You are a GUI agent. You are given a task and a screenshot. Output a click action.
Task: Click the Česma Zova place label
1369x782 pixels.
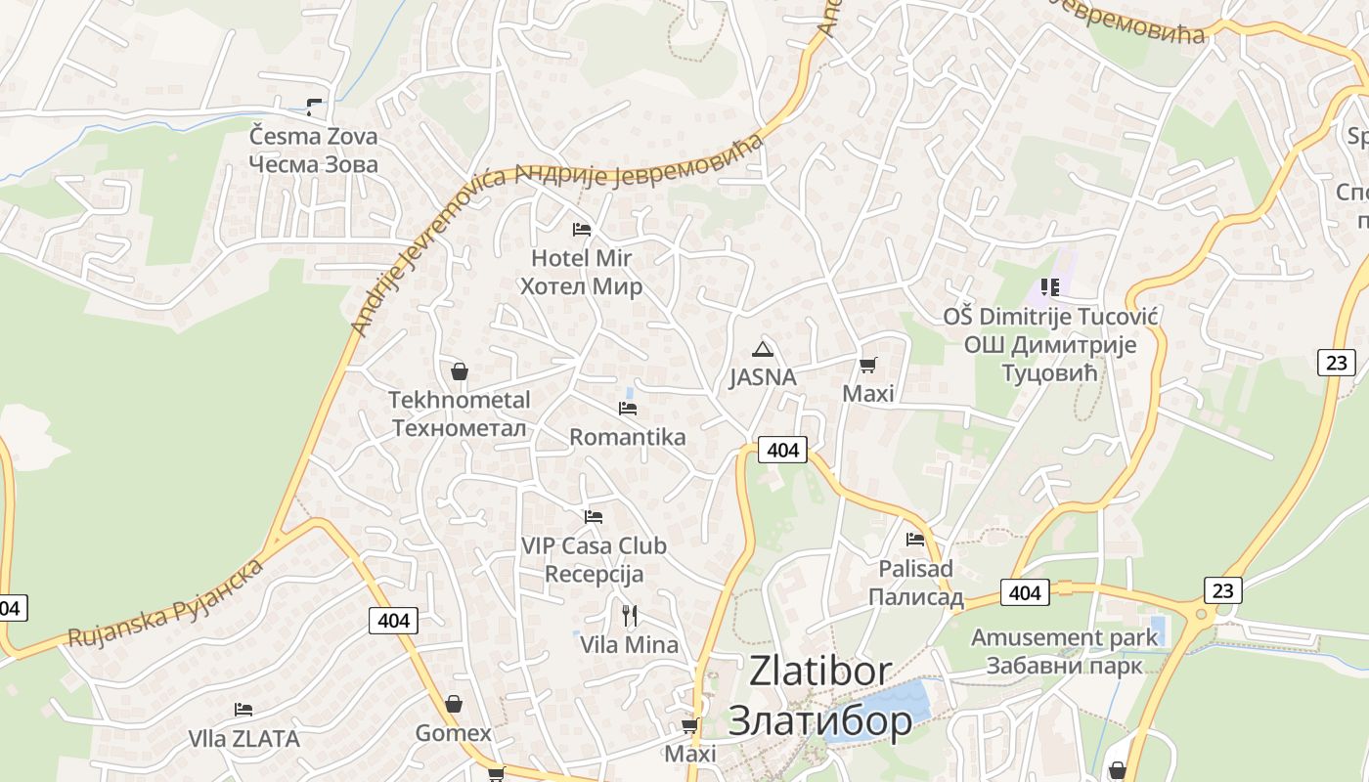[x=313, y=150]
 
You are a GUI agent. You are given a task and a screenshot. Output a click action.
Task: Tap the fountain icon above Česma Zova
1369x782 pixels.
[x=314, y=106]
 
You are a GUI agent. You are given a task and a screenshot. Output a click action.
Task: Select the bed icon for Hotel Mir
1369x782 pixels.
[x=582, y=230]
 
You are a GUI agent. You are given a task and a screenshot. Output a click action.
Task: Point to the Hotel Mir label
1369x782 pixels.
[x=582, y=272]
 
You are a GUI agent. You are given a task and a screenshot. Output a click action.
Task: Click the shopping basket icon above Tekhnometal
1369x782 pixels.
[x=459, y=371]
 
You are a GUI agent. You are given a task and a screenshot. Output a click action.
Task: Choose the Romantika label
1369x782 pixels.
[x=627, y=437]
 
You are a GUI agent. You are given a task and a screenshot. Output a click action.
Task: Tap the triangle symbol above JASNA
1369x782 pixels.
[x=762, y=349]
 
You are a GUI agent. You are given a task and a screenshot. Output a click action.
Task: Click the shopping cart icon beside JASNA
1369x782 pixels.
[x=867, y=366]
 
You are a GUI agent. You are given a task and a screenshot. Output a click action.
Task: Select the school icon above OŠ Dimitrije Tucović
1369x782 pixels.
[x=1050, y=287]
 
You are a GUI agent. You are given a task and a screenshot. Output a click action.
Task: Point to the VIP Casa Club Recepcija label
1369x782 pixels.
[x=594, y=559]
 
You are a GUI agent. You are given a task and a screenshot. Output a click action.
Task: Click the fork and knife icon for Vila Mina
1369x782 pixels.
[x=630, y=615]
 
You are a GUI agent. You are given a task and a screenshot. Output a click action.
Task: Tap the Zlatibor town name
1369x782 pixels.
[x=820, y=695]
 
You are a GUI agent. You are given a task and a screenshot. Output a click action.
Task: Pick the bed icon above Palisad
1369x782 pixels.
[x=915, y=539]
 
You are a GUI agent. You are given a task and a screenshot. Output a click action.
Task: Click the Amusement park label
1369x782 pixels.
[x=1064, y=651]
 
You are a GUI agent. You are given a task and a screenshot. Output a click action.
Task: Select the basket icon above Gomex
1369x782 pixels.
[x=454, y=704]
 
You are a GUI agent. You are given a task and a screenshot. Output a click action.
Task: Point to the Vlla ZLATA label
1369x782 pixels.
[x=243, y=739]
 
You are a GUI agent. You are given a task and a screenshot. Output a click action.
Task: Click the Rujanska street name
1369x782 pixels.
[x=166, y=604]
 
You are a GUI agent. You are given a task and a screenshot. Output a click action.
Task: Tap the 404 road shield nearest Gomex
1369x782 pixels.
[x=394, y=620]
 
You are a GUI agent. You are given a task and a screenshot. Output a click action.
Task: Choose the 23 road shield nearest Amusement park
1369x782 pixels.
[x=1222, y=589]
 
